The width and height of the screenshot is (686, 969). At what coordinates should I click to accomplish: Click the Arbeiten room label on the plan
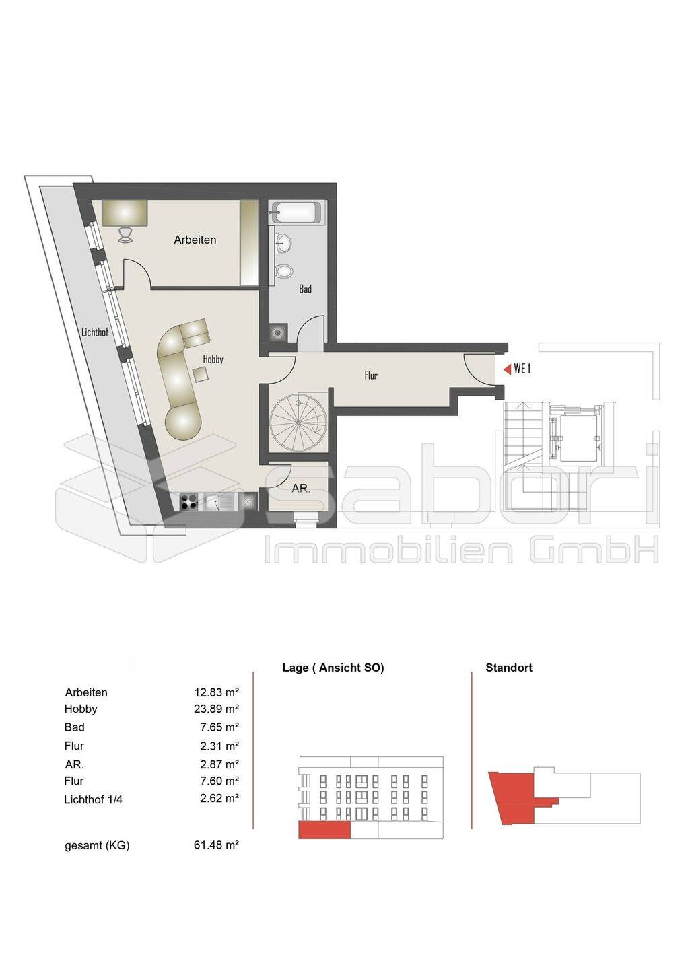(195, 240)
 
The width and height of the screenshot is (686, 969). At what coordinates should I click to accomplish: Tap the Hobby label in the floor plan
(213, 359)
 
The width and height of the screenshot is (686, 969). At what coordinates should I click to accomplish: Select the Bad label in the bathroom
(305, 289)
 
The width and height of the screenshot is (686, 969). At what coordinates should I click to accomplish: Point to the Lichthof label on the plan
(95, 332)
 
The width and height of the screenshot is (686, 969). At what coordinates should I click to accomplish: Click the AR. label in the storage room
(301, 489)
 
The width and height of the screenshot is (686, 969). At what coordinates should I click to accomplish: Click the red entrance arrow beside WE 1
(507, 369)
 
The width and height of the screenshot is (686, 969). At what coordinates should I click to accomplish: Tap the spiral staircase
(298, 422)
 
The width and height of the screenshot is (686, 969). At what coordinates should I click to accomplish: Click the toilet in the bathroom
(283, 271)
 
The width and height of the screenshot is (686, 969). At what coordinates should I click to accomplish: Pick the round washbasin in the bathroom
(283, 243)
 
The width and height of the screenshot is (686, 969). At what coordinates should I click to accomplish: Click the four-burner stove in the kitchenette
(188, 503)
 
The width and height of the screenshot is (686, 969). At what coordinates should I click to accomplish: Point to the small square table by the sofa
(201, 374)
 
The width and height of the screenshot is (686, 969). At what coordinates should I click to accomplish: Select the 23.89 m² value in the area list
(216, 709)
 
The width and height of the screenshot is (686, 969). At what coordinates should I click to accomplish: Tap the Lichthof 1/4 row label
(93, 799)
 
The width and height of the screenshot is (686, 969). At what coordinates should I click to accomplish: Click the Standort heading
(508, 668)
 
